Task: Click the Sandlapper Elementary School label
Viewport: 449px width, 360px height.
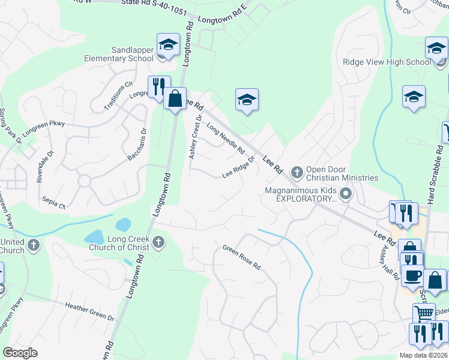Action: pos(124,54)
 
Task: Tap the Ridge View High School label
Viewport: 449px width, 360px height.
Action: pos(387,62)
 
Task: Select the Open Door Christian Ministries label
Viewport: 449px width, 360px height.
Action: pos(342,173)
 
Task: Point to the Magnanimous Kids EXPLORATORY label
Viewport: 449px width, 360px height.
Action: pos(301,194)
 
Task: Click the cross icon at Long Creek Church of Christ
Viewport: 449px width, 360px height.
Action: pos(158,242)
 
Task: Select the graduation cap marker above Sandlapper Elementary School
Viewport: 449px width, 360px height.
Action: pos(169,44)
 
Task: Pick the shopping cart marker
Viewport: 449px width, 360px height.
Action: pos(424,313)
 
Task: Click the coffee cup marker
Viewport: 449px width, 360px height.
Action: pos(412,275)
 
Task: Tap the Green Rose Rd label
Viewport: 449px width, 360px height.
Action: pos(242,257)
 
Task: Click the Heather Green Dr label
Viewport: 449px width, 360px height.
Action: pos(89,311)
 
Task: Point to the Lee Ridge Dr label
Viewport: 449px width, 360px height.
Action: pos(238,167)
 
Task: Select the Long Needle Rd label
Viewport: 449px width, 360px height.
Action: pos(225,138)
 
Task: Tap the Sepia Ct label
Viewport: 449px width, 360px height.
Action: pos(53,202)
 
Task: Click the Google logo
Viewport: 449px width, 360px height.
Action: pos(20,353)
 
